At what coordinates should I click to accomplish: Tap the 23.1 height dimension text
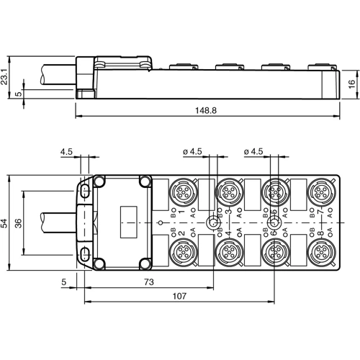tap(6, 76)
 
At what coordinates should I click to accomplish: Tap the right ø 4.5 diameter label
tap(254, 152)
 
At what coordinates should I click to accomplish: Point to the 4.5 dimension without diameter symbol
tap(66, 152)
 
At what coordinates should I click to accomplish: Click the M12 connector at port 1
tap(181, 192)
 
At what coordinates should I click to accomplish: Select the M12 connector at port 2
tap(181, 253)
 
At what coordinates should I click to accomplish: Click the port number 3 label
tap(228, 211)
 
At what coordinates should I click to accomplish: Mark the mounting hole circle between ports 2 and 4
tap(212, 222)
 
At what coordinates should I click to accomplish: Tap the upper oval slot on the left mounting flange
tap(86, 190)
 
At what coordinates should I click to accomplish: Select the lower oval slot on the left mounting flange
tap(86, 253)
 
